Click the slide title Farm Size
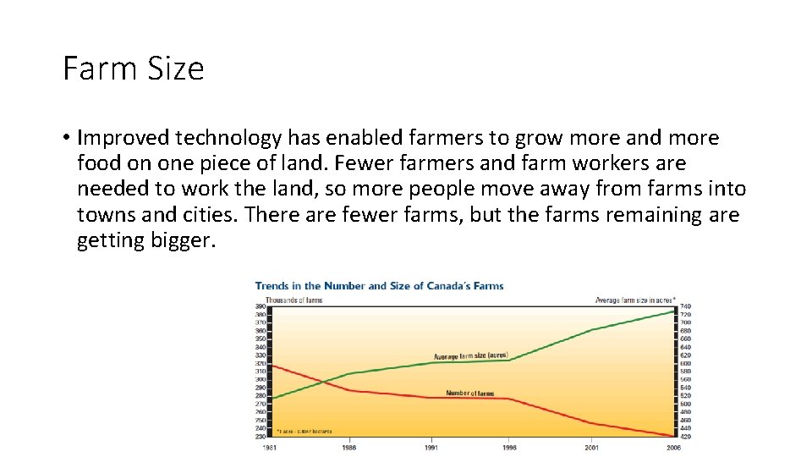(x=134, y=69)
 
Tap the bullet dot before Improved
(x=67, y=138)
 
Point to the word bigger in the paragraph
(x=179, y=240)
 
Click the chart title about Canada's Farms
(x=379, y=286)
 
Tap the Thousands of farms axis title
(x=294, y=300)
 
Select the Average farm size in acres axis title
(x=635, y=300)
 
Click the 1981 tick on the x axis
(x=269, y=447)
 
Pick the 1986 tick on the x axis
(x=348, y=447)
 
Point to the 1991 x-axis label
(x=431, y=447)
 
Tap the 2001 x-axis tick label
(x=593, y=447)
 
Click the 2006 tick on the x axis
(x=674, y=447)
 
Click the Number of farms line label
(x=469, y=394)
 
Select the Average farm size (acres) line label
(x=470, y=356)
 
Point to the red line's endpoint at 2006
(x=674, y=437)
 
